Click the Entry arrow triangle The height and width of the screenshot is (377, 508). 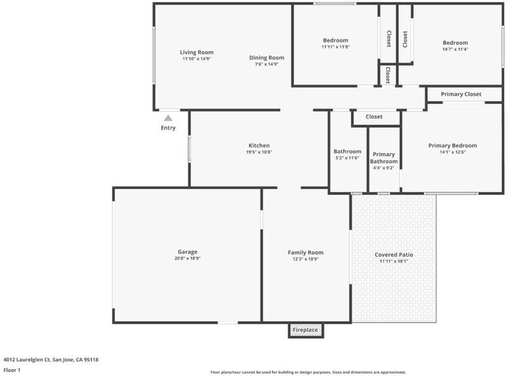click(x=168, y=118)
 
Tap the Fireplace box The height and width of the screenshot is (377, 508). click(x=306, y=330)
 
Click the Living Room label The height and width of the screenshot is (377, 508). click(x=197, y=52)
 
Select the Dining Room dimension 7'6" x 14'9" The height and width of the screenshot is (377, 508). click(x=267, y=64)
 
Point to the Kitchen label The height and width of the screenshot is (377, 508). click(x=259, y=145)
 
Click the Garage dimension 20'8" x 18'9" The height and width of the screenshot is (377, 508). click(x=187, y=258)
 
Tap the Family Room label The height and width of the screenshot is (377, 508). click(x=305, y=253)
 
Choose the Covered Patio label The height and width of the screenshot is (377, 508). click(x=394, y=255)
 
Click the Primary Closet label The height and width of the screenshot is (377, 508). click(x=461, y=94)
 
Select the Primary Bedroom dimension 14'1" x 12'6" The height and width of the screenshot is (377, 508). click(x=453, y=152)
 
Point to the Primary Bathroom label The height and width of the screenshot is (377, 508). click(x=384, y=158)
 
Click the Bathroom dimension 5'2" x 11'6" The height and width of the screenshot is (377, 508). click(x=347, y=158)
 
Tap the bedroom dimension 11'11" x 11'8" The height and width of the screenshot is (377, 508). click(x=336, y=46)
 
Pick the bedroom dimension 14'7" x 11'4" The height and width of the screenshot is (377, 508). click(x=455, y=50)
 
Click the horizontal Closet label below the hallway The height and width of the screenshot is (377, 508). click(x=374, y=117)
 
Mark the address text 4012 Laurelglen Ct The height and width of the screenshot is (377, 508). click(x=27, y=359)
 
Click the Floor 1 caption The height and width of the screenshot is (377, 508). click(x=12, y=370)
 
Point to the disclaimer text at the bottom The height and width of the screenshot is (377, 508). click(x=308, y=372)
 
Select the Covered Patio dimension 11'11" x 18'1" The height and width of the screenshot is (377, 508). click(x=394, y=261)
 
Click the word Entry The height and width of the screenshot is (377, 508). click(x=168, y=128)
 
